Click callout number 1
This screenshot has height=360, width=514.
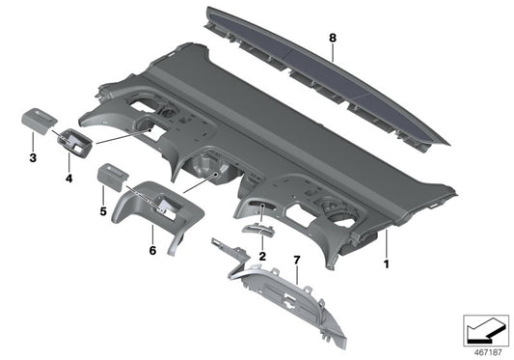(387, 263)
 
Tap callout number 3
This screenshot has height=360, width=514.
(33, 156)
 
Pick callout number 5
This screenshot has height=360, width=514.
(104, 210)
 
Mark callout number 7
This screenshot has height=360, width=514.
(297, 262)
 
